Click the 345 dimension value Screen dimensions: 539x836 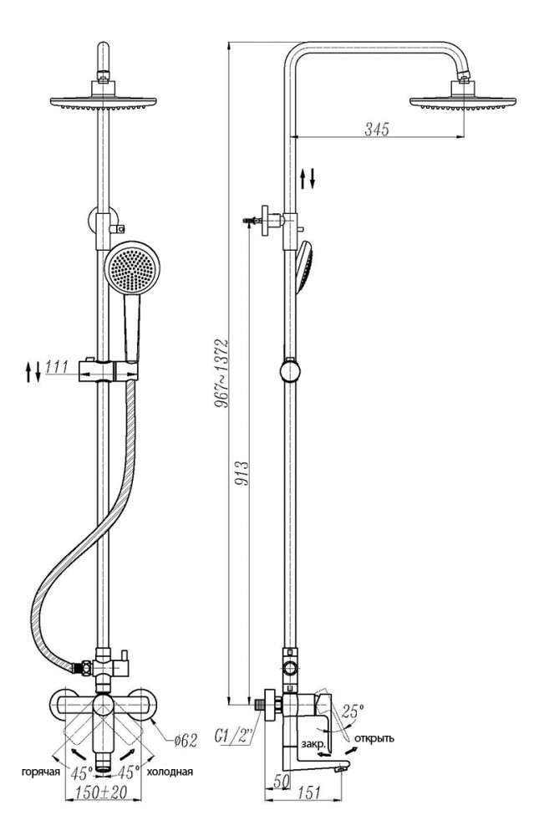click(377, 129)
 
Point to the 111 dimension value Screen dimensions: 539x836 click(57, 367)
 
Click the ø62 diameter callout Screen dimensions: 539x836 click(185, 740)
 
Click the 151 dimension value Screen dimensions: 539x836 click(308, 793)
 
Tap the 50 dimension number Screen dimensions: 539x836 click(282, 781)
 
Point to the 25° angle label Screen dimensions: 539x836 click(353, 710)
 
